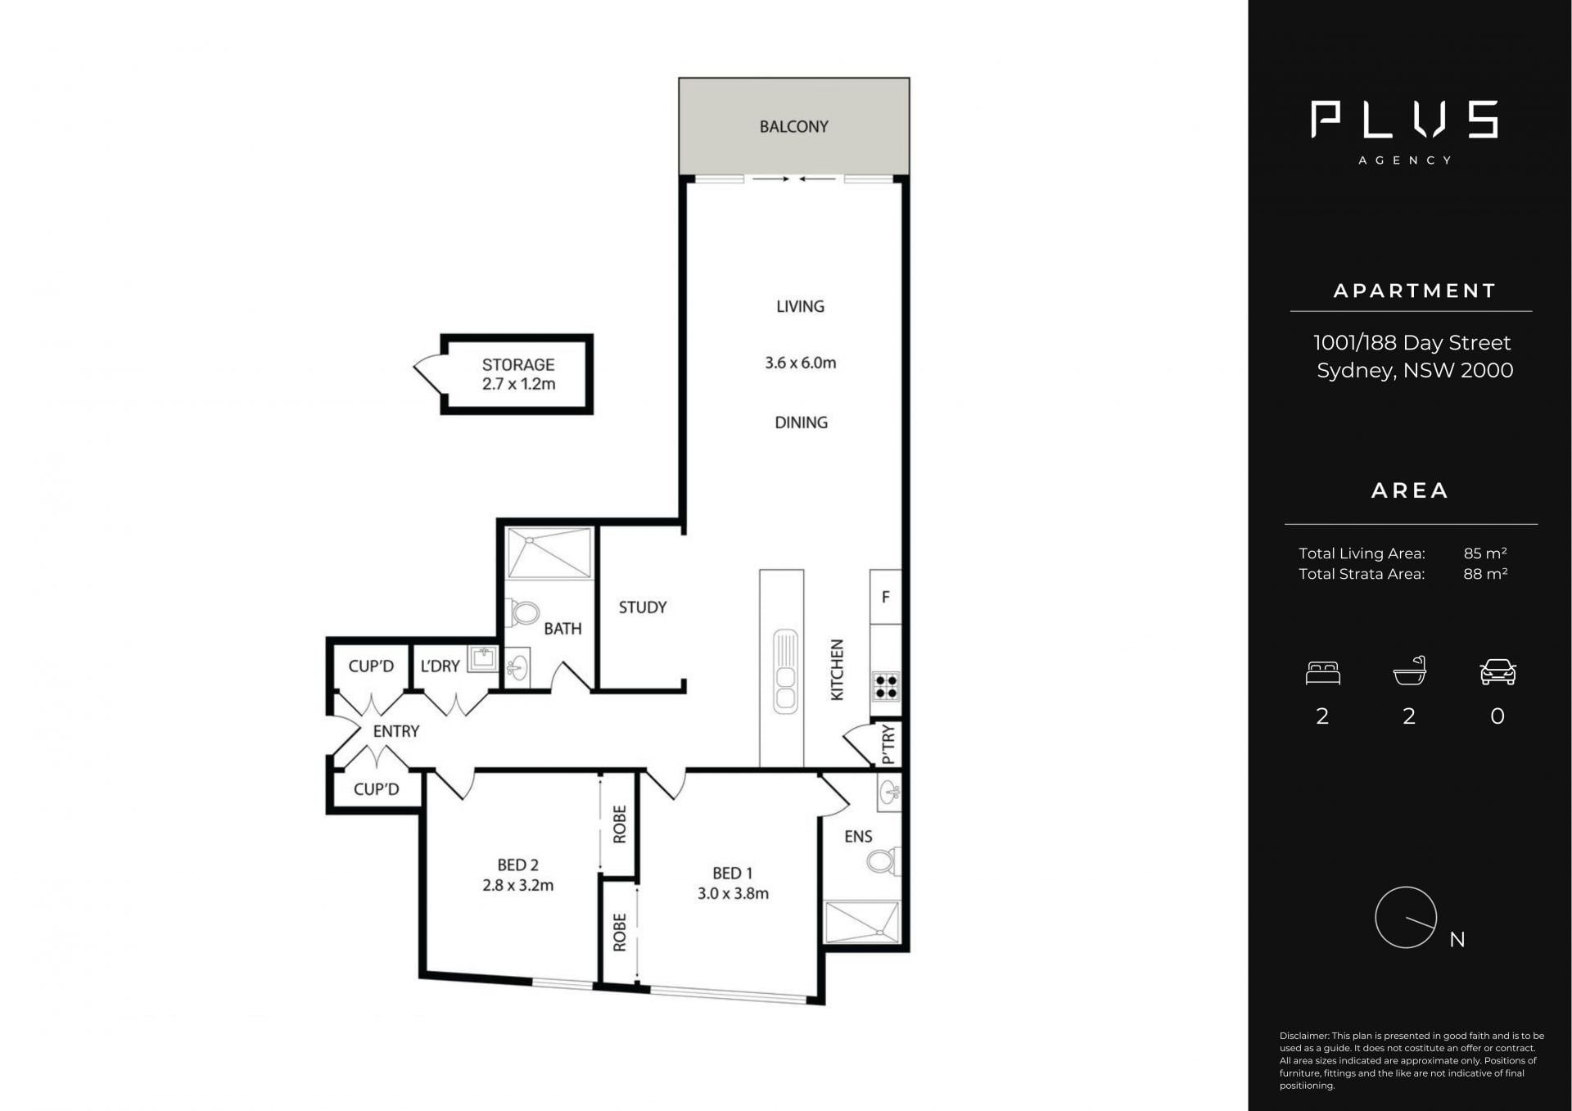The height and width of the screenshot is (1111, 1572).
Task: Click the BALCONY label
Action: coord(793,127)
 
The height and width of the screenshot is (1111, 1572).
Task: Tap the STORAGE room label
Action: coord(518,364)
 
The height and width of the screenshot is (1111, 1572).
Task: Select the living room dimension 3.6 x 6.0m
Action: coord(800,363)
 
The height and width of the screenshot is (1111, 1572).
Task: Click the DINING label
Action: coord(801,422)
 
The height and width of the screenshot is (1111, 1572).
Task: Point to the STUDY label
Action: coord(643,607)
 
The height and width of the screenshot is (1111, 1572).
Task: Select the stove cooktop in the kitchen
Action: coord(886,686)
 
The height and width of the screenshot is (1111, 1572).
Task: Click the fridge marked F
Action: coord(885,597)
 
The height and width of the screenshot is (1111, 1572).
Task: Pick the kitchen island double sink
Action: coord(785,671)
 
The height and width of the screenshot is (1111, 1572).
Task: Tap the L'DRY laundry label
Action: coord(440,666)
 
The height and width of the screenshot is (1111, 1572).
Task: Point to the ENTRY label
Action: coord(396,731)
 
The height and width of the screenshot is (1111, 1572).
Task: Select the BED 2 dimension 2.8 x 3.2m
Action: coord(517,885)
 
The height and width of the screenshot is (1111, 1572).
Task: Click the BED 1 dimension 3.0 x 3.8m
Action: coord(733,893)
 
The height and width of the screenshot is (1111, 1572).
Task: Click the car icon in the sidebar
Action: coord(1497,671)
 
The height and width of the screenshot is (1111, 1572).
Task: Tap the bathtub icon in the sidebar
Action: coord(1409,671)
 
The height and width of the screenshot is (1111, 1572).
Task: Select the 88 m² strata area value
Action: coord(1484,573)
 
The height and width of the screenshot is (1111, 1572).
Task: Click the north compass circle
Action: coord(1406,887)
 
